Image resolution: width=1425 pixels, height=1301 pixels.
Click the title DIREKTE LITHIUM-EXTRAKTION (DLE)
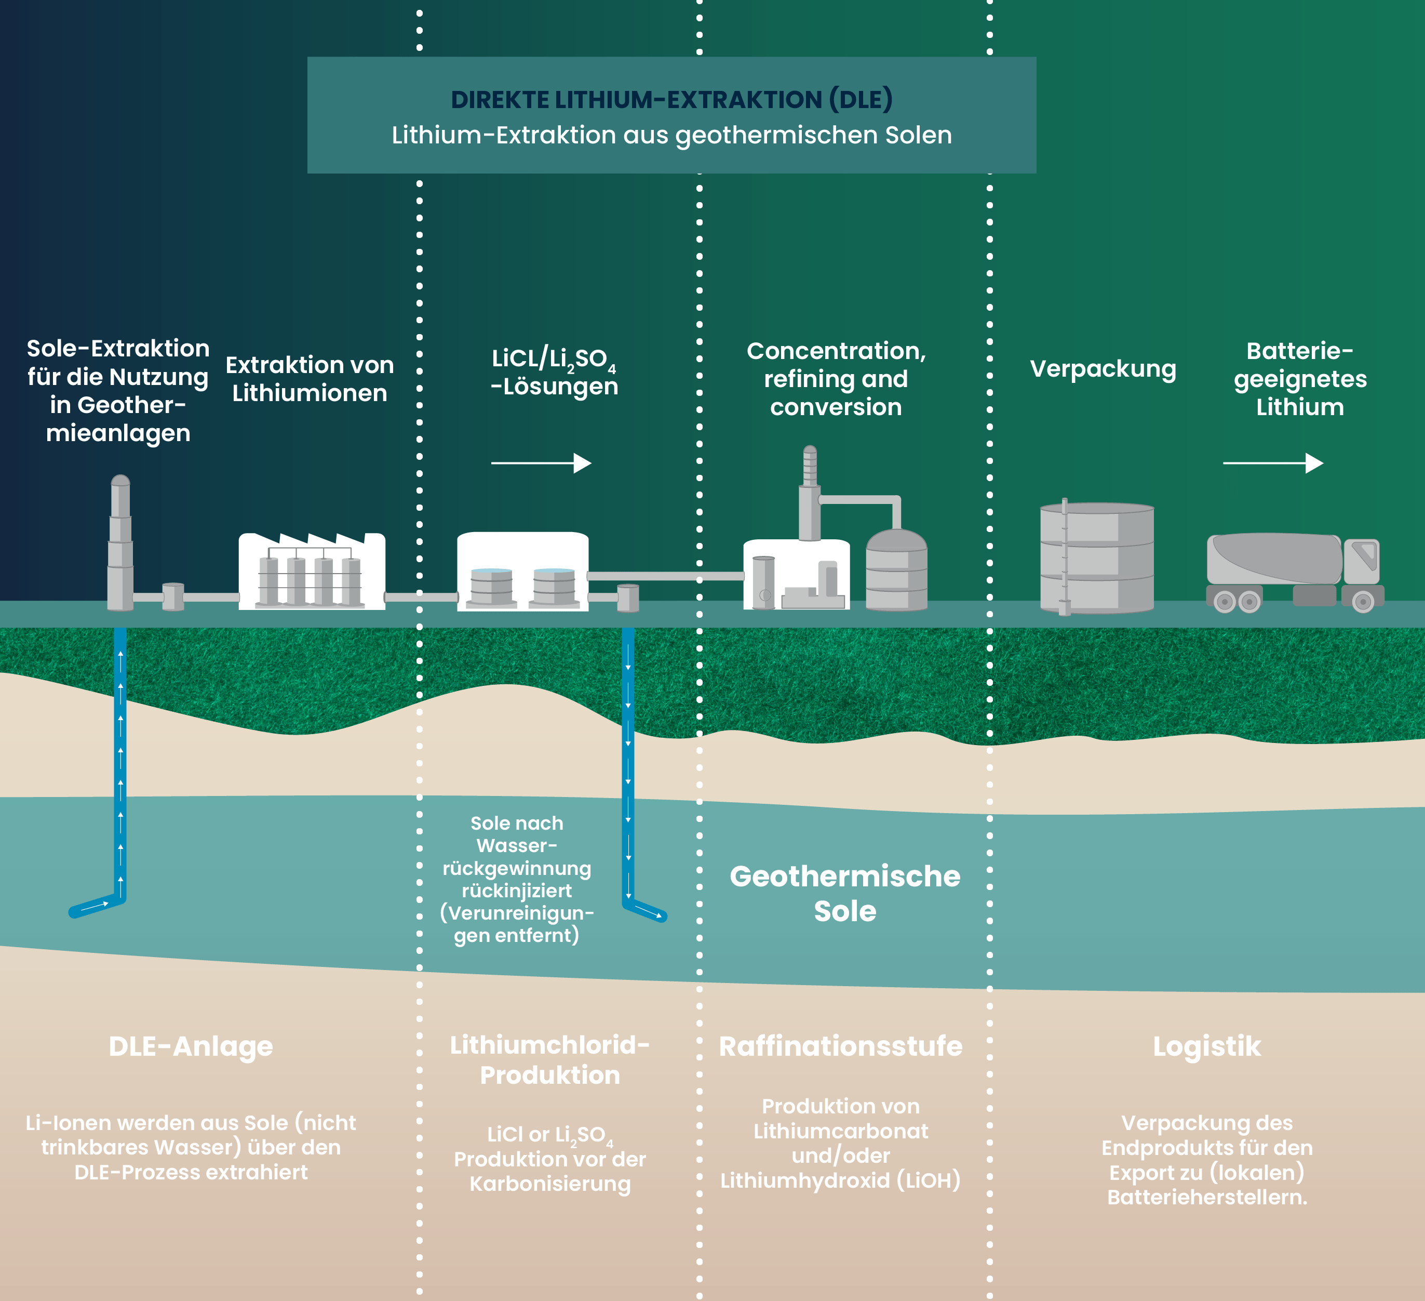click(671, 100)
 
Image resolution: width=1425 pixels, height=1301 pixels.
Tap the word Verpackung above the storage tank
click(1103, 369)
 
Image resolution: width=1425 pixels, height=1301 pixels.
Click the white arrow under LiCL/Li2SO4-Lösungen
click(541, 463)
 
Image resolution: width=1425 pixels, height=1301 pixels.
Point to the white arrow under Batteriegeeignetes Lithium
click(1272, 463)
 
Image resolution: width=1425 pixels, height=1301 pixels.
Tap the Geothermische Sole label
click(845, 893)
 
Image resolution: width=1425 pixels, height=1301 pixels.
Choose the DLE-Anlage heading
click(191, 1046)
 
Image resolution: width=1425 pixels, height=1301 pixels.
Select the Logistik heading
click(1206, 1046)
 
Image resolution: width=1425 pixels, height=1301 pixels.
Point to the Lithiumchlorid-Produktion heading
click(549, 1060)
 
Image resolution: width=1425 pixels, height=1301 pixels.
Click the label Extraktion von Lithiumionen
click(310, 379)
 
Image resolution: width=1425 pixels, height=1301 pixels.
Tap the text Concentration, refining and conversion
click(836, 379)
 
